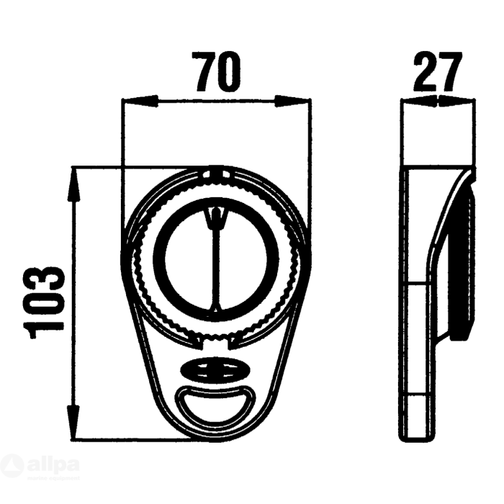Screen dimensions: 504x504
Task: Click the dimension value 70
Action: (217, 72)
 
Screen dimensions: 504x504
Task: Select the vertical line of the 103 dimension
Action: (73, 302)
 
